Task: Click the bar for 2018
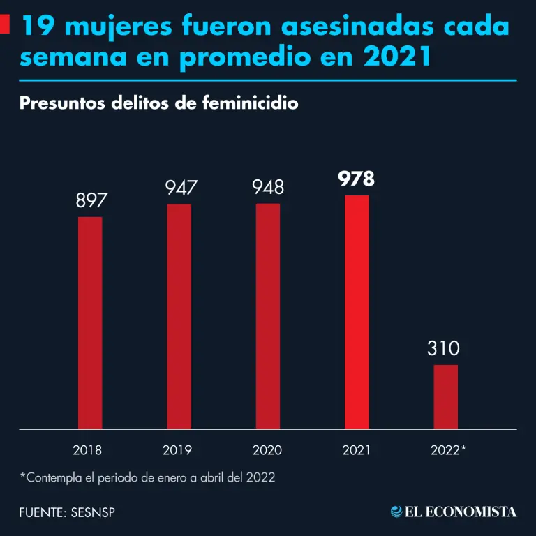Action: [x=90, y=322]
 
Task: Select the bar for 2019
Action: [x=179, y=316]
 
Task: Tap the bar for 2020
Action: [x=268, y=316]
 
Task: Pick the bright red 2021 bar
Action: [x=357, y=312]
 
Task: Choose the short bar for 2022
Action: [x=446, y=396]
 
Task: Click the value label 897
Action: [x=90, y=201]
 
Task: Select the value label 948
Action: [x=268, y=188]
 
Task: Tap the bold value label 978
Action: [x=357, y=179]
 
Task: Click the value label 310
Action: [x=444, y=348]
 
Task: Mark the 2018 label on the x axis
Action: [x=87, y=450]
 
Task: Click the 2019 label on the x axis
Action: [x=177, y=450]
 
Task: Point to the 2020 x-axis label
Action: [x=267, y=450]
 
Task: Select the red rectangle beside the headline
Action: [x=6, y=27]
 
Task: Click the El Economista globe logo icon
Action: [x=396, y=512]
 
